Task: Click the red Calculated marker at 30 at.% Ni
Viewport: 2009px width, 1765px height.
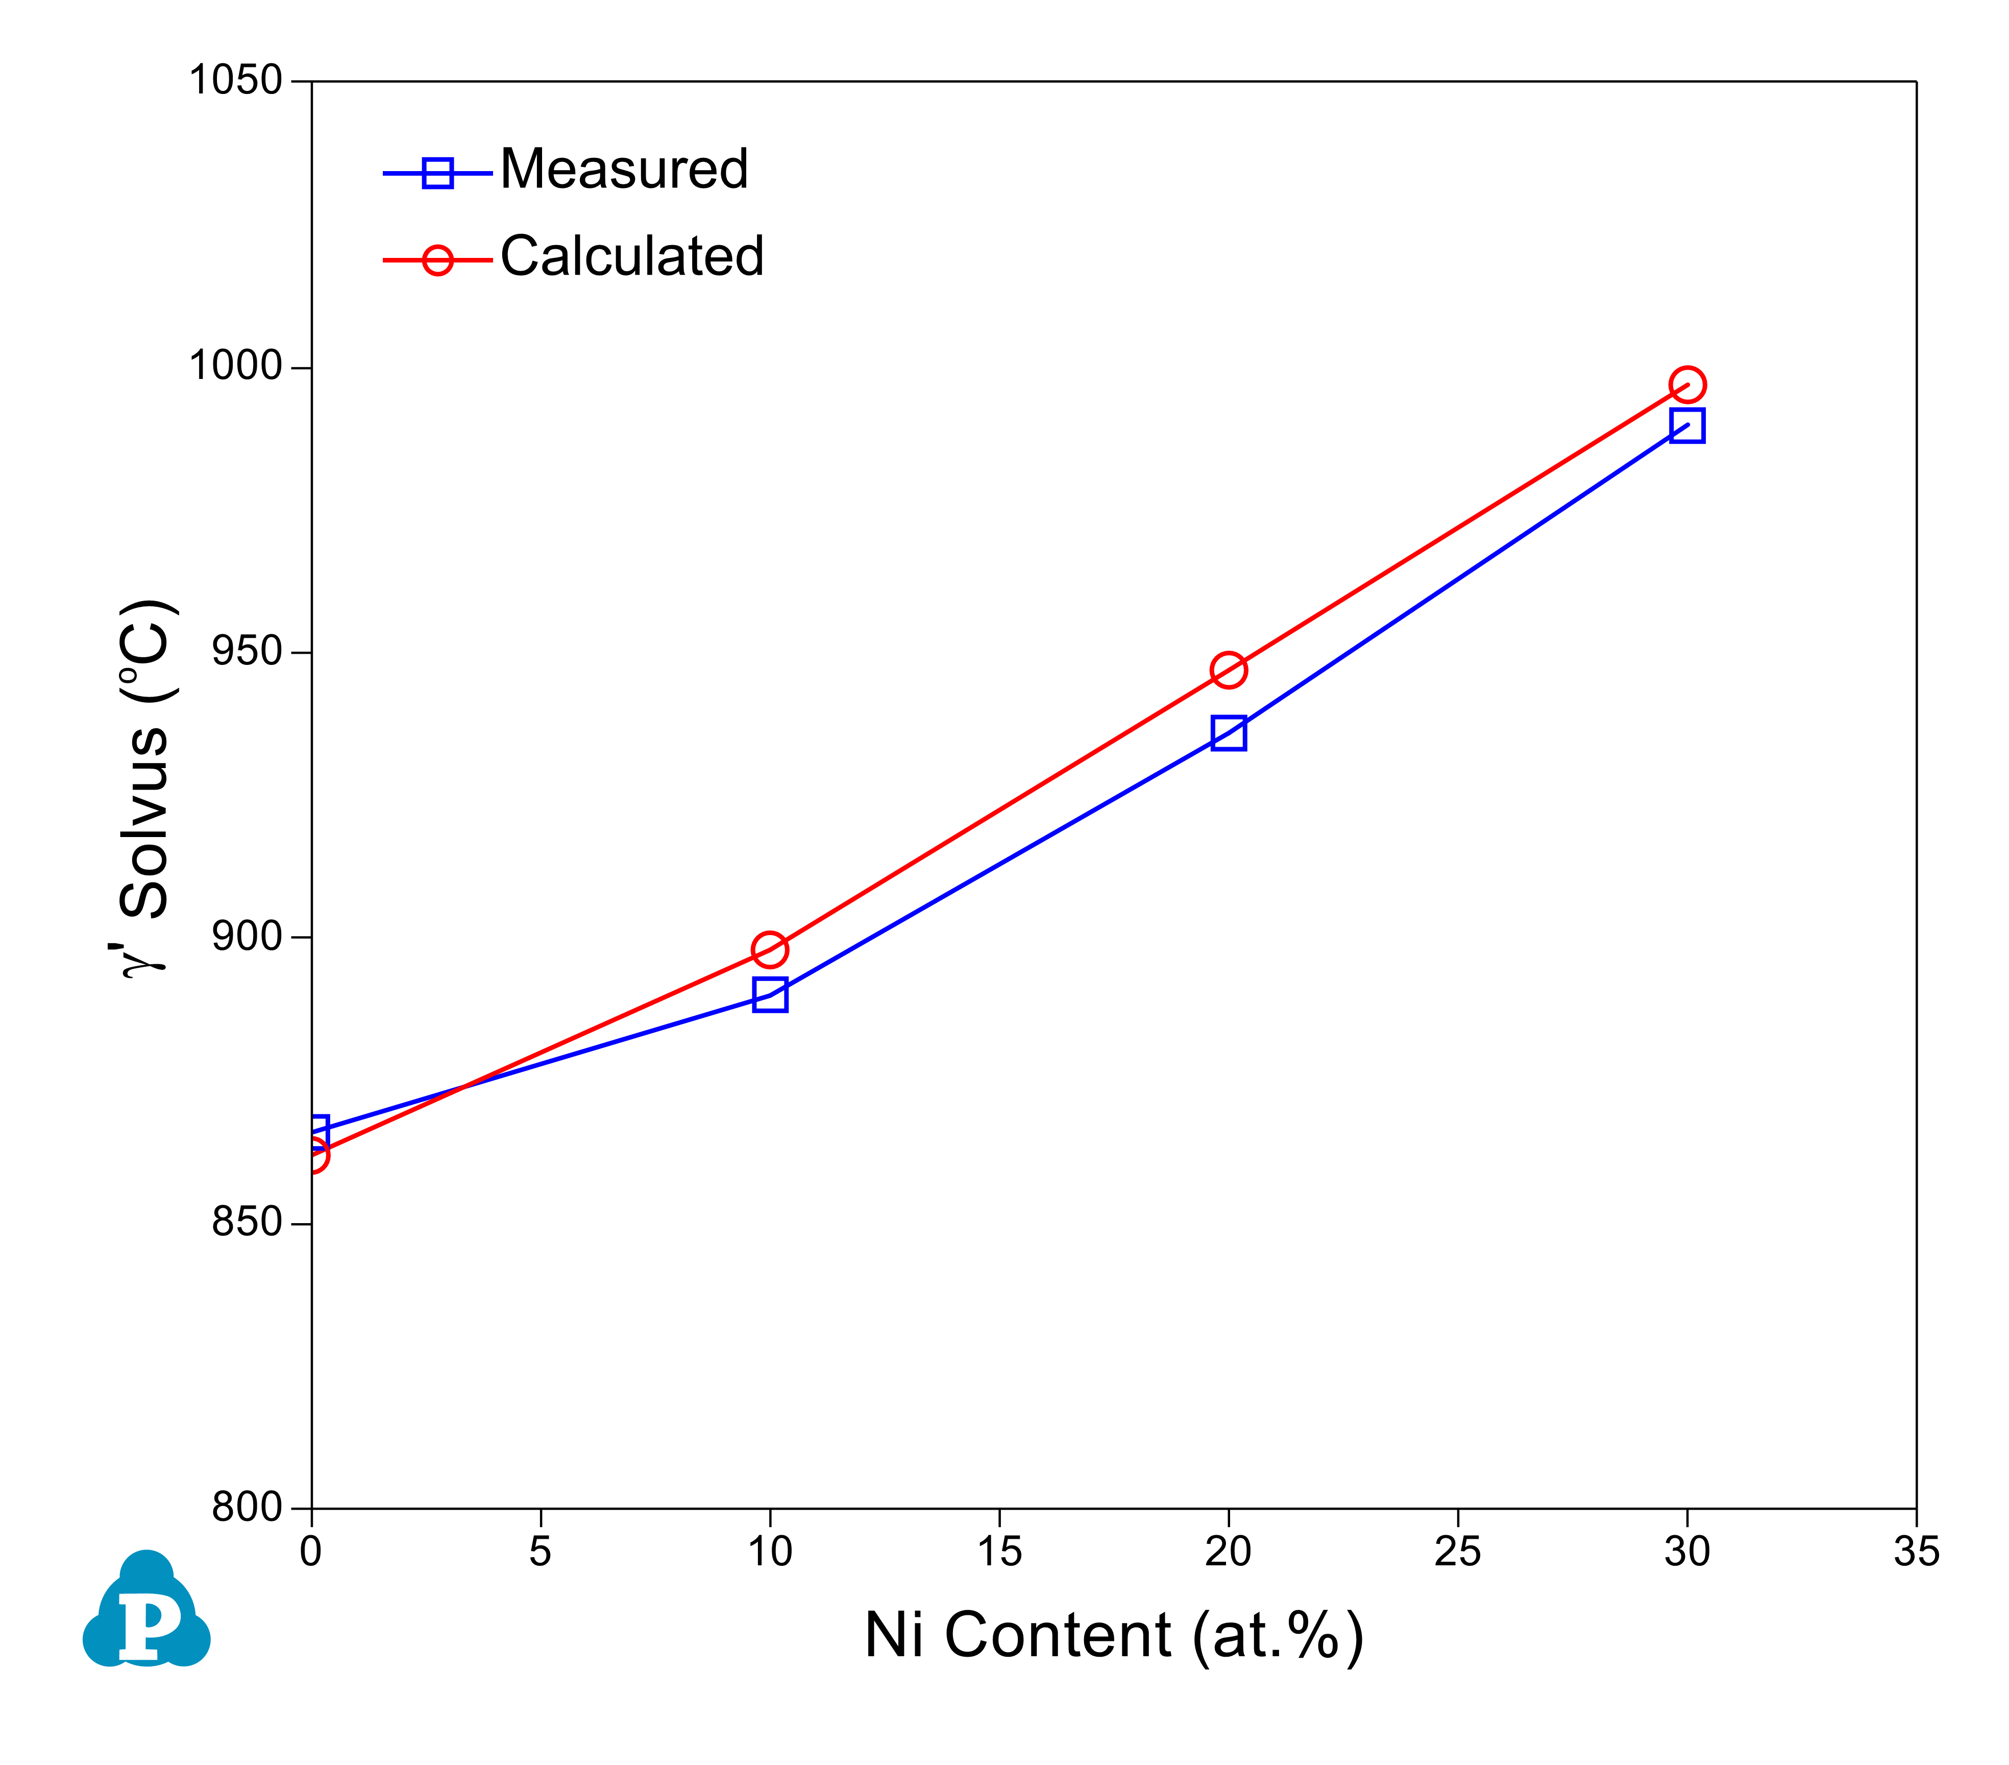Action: tap(1686, 385)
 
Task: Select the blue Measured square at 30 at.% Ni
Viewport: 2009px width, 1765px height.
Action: tap(1686, 426)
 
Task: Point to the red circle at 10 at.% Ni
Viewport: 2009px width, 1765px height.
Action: tap(770, 950)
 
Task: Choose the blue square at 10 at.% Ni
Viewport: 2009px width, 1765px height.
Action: tap(770, 995)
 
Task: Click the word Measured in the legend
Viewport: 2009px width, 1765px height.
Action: tap(624, 169)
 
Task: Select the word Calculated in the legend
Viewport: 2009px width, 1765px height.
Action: tap(632, 257)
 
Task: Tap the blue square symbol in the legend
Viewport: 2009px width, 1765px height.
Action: tap(437, 173)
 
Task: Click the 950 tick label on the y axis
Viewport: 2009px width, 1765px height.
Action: tap(247, 651)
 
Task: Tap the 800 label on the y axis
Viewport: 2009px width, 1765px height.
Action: tap(247, 1508)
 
